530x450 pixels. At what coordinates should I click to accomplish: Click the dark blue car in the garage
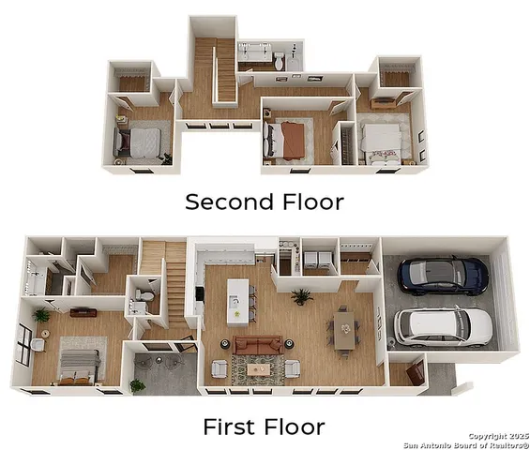click(444, 275)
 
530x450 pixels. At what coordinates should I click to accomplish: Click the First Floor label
click(264, 427)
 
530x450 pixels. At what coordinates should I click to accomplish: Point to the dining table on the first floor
click(345, 329)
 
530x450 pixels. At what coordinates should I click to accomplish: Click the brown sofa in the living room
click(257, 346)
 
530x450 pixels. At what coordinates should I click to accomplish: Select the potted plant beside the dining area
click(301, 297)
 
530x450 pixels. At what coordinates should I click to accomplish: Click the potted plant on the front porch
click(138, 384)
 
